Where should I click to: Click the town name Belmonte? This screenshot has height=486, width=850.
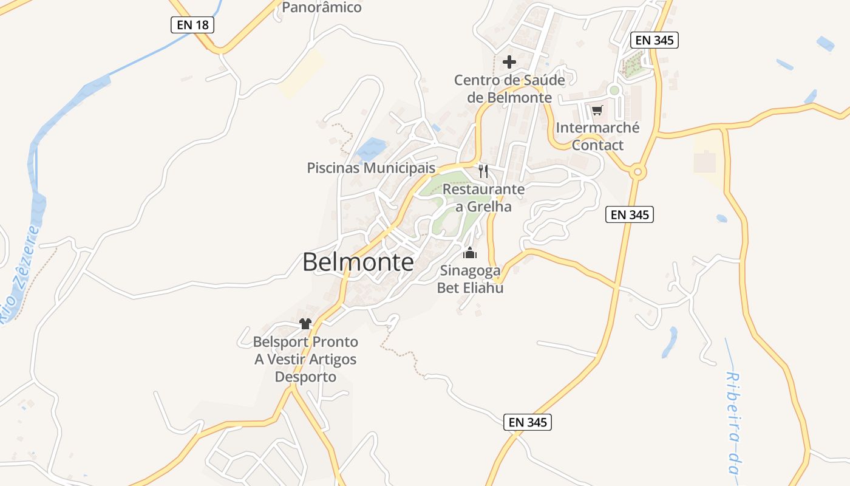(358, 262)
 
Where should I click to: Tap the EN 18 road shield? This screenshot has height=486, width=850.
(191, 25)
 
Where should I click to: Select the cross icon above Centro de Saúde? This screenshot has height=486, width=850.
(509, 61)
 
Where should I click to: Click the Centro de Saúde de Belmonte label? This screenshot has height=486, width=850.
(509, 89)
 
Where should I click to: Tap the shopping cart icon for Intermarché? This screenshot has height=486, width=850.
(597, 110)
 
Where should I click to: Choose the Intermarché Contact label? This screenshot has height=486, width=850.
(597, 137)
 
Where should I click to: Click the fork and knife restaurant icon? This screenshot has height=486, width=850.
(483, 171)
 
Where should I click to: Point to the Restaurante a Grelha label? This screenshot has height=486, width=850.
(483, 198)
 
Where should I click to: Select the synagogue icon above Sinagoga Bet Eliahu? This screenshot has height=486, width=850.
(470, 253)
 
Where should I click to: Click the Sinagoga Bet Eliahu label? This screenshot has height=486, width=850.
(470, 279)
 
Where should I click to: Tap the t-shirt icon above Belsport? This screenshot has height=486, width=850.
(305, 324)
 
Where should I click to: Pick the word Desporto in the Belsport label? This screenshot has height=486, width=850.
(305, 377)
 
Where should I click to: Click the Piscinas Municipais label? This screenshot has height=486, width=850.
(372, 168)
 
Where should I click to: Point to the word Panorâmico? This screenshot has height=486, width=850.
(322, 7)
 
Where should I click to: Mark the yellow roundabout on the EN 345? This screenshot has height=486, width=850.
(637, 172)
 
